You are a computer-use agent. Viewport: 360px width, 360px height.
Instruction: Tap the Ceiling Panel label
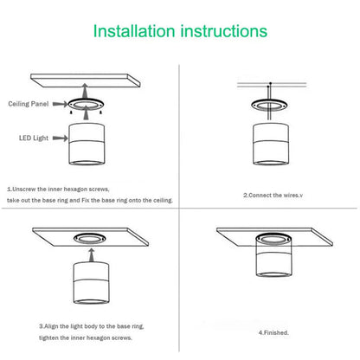(28, 103)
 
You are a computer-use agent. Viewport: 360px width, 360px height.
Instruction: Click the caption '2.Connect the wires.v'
(273, 195)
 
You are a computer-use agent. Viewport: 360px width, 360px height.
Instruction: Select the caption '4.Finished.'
(272, 331)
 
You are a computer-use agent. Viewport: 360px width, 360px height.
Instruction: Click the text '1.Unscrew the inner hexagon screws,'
(58, 188)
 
